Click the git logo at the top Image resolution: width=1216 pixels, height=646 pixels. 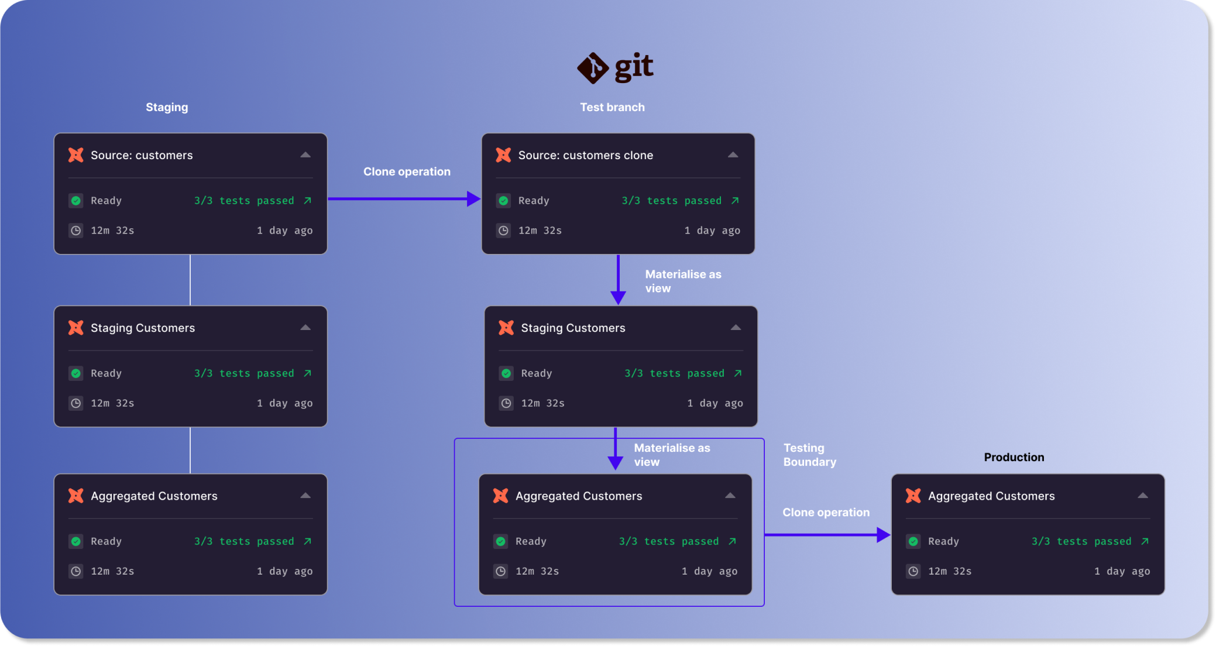click(x=615, y=68)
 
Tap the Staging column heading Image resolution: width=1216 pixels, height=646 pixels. click(x=167, y=107)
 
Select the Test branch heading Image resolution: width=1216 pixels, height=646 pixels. click(x=612, y=107)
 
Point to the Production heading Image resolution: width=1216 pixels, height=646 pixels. click(x=1014, y=457)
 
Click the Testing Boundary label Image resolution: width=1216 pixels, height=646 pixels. click(x=809, y=455)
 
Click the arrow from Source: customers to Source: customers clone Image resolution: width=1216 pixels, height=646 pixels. click(x=404, y=199)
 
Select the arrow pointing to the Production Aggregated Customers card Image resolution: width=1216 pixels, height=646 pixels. click(x=827, y=535)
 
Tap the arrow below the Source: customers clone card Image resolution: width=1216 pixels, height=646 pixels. click(x=618, y=280)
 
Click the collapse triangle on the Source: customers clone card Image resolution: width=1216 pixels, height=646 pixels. click(x=733, y=155)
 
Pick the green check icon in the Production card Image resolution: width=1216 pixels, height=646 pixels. click(x=913, y=541)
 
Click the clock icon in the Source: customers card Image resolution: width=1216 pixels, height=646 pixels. click(x=76, y=231)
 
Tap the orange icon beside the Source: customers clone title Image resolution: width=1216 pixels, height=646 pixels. click(x=503, y=155)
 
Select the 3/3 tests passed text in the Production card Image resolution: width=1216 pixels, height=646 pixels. click(x=1081, y=541)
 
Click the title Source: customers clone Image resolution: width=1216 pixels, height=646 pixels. click(x=585, y=155)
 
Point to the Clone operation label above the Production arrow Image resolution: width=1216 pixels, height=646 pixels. click(x=826, y=512)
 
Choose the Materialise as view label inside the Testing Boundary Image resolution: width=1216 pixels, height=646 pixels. click(x=672, y=455)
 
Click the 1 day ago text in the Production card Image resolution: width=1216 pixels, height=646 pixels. click(x=1122, y=571)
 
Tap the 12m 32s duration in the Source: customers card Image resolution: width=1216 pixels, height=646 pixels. click(x=112, y=231)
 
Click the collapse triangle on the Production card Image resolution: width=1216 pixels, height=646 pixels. click(x=1142, y=496)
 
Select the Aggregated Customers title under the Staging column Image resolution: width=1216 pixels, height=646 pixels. click(x=154, y=496)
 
